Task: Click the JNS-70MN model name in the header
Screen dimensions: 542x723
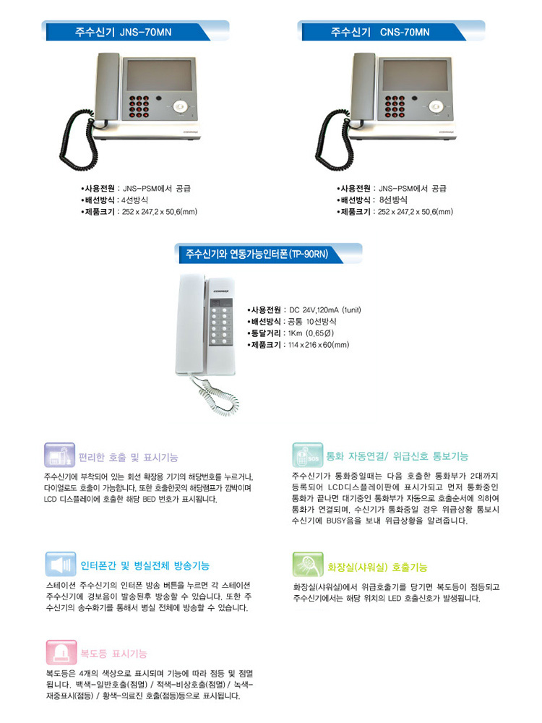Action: coord(145,33)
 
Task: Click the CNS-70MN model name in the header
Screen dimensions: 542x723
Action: coord(405,33)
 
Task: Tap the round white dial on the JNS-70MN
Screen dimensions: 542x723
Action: coord(180,107)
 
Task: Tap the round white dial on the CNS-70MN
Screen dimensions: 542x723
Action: coord(436,107)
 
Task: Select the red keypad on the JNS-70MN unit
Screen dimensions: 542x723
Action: coord(139,106)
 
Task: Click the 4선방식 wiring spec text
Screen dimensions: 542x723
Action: coord(134,200)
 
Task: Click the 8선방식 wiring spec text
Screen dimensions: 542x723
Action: coord(393,200)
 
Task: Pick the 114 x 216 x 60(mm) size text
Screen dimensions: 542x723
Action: coord(319,345)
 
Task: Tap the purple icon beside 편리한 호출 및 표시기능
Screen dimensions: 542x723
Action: coord(59,455)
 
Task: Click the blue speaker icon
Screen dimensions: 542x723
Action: coord(61,564)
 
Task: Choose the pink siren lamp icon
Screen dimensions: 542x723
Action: coord(61,652)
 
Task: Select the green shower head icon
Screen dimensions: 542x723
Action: coord(308,564)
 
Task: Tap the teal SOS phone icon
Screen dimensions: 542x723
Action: coord(307,455)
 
